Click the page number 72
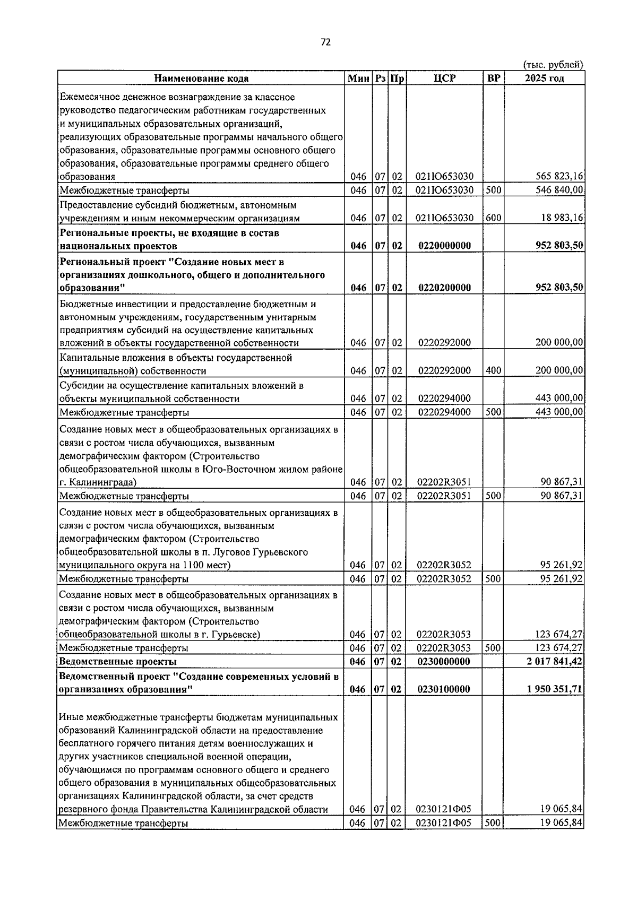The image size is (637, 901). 325,42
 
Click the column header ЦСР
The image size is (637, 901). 444,79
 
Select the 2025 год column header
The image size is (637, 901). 544,79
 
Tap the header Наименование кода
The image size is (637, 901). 201,79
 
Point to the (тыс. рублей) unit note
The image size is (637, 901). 553,65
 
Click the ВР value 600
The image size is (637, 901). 493,218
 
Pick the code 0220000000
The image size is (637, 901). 444,246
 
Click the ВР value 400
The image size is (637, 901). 493,370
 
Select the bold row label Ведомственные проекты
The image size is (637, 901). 118,662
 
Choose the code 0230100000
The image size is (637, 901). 444,689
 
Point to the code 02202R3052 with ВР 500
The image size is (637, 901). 444,579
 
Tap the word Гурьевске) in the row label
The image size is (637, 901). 237,635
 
